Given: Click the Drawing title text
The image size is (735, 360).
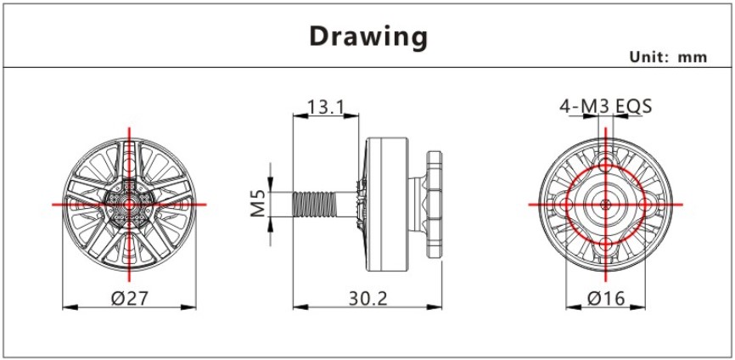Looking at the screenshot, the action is (x=368, y=37).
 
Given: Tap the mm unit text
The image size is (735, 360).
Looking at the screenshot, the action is (x=693, y=58).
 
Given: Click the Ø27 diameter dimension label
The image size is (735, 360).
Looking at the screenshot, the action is (x=129, y=298).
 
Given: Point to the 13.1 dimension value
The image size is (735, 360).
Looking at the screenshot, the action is (x=326, y=107).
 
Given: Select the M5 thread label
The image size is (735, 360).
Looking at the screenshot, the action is (x=258, y=204).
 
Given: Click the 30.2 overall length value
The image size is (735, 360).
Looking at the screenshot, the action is (x=368, y=298).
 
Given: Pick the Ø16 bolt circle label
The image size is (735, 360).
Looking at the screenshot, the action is (x=606, y=298).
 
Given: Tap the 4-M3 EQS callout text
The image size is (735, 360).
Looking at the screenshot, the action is (x=606, y=107).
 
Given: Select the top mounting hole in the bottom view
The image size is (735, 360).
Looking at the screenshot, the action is (x=606, y=165).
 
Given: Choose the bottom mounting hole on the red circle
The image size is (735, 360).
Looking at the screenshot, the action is (x=606, y=244).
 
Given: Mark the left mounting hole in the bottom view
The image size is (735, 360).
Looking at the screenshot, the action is (x=567, y=205).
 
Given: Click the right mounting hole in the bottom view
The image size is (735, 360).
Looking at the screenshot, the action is (x=646, y=205).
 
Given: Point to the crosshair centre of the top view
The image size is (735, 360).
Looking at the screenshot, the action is (x=129, y=205).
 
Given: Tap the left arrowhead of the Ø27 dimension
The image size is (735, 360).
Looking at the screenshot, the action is (x=70, y=307).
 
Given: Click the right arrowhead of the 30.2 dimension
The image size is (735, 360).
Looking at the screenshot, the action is (x=435, y=307).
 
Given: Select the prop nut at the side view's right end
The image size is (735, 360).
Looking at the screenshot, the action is (x=434, y=205).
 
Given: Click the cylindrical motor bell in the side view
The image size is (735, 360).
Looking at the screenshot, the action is (x=387, y=205).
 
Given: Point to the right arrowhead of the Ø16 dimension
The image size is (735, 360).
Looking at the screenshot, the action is (x=638, y=307).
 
